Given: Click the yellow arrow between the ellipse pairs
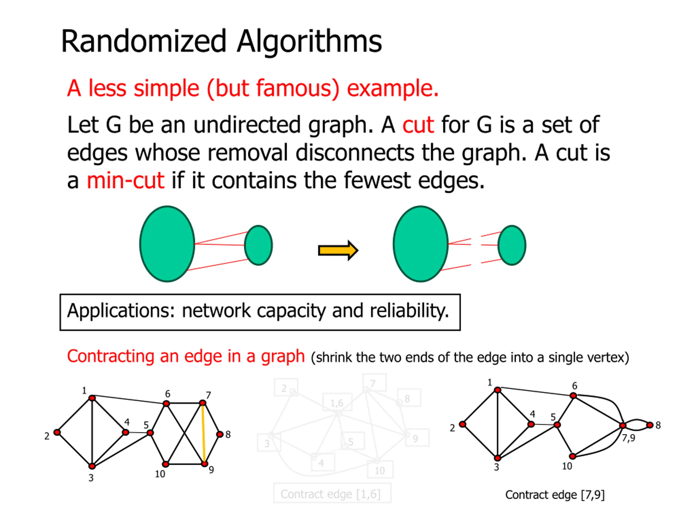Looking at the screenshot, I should pyautogui.click(x=338, y=250).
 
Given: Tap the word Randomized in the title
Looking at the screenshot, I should pyautogui.click(x=144, y=41).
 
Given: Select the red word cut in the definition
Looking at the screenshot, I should pyautogui.click(x=418, y=125).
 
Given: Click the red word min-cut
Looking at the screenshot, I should pyautogui.click(x=125, y=181).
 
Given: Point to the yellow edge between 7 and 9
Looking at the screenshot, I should pyautogui.click(x=204, y=433).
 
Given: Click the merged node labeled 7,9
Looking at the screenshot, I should pyautogui.click(x=622, y=425).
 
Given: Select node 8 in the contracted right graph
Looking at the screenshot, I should pyautogui.click(x=650, y=425).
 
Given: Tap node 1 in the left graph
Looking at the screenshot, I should pyautogui.click(x=92, y=398).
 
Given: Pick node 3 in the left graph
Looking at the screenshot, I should pyautogui.click(x=92, y=466).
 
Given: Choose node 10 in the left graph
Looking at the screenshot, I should pyautogui.click(x=166, y=464).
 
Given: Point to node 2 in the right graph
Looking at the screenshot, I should pyautogui.click(x=462, y=424).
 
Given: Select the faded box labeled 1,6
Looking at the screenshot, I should pyautogui.click(x=337, y=402).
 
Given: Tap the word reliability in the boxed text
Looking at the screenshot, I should pyautogui.click(x=409, y=311).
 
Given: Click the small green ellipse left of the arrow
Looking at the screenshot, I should pyautogui.click(x=258, y=245).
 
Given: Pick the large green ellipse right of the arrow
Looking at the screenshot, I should pyautogui.click(x=420, y=244).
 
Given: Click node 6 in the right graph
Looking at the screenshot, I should pyautogui.click(x=573, y=396).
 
